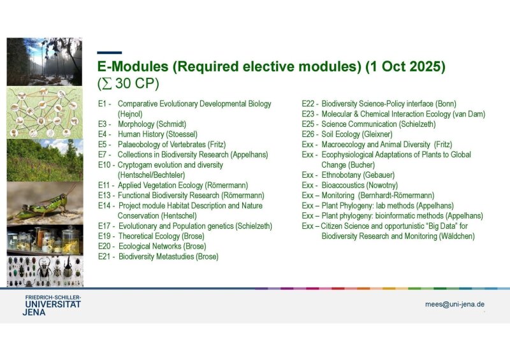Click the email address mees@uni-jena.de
click(x=455, y=305)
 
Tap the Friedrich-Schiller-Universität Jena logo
click(x=52, y=305)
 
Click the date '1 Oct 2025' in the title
click(x=405, y=66)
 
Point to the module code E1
click(x=103, y=104)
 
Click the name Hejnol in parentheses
click(x=130, y=114)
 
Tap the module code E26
click(x=308, y=134)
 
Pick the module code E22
click(x=308, y=104)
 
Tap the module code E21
click(x=105, y=257)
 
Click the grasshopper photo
click(x=45, y=203)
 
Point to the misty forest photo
click(x=45, y=62)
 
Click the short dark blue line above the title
click(x=109, y=53)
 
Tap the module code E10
click(x=105, y=165)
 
